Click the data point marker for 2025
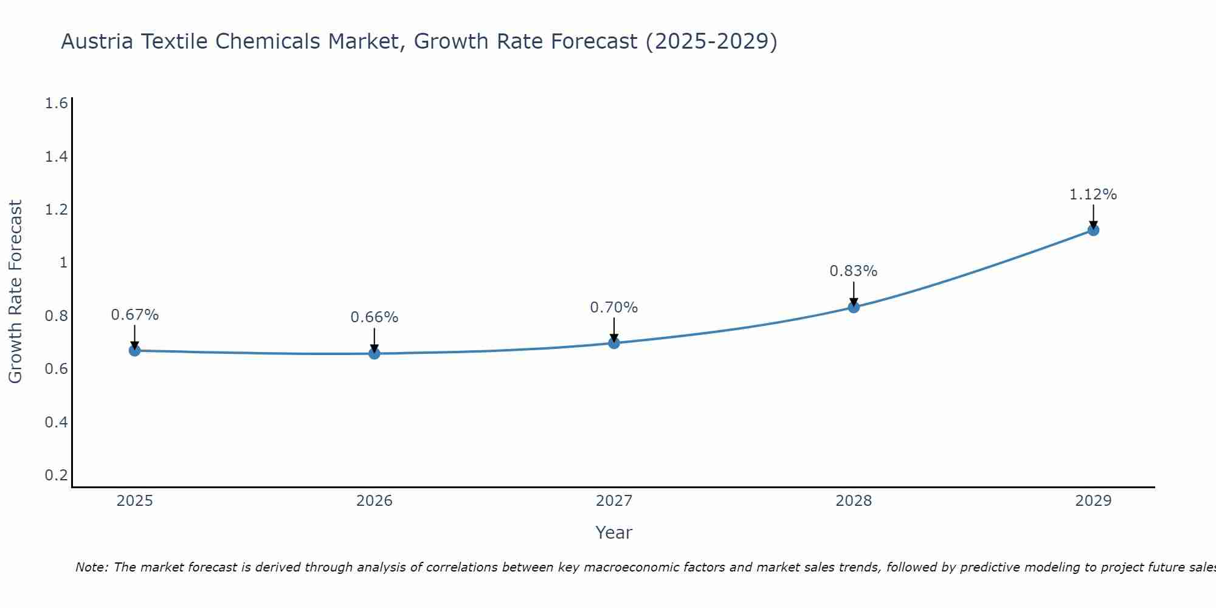click(x=134, y=351)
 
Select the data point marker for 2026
click(x=374, y=353)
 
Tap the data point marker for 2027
click(x=613, y=343)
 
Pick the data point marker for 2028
click(x=854, y=307)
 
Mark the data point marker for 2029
click(x=1093, y=230)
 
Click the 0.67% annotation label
click(x=134, y=315)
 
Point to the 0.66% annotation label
click(x=374, y=317)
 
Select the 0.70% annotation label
click(x=613, y=308)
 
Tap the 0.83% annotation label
click(x=854, y=271)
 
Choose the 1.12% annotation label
click(x=1093, y=195)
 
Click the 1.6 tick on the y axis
click(x=56, y=103)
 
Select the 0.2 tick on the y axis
click(x=56, y=475)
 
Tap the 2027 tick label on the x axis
click(x=613, y=501)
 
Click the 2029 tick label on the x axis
click(x=1093, y=501)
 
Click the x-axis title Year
click(x=613, y=533)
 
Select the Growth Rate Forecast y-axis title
click(x=15, y=292)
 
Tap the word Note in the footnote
click(x=91, y=567)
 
